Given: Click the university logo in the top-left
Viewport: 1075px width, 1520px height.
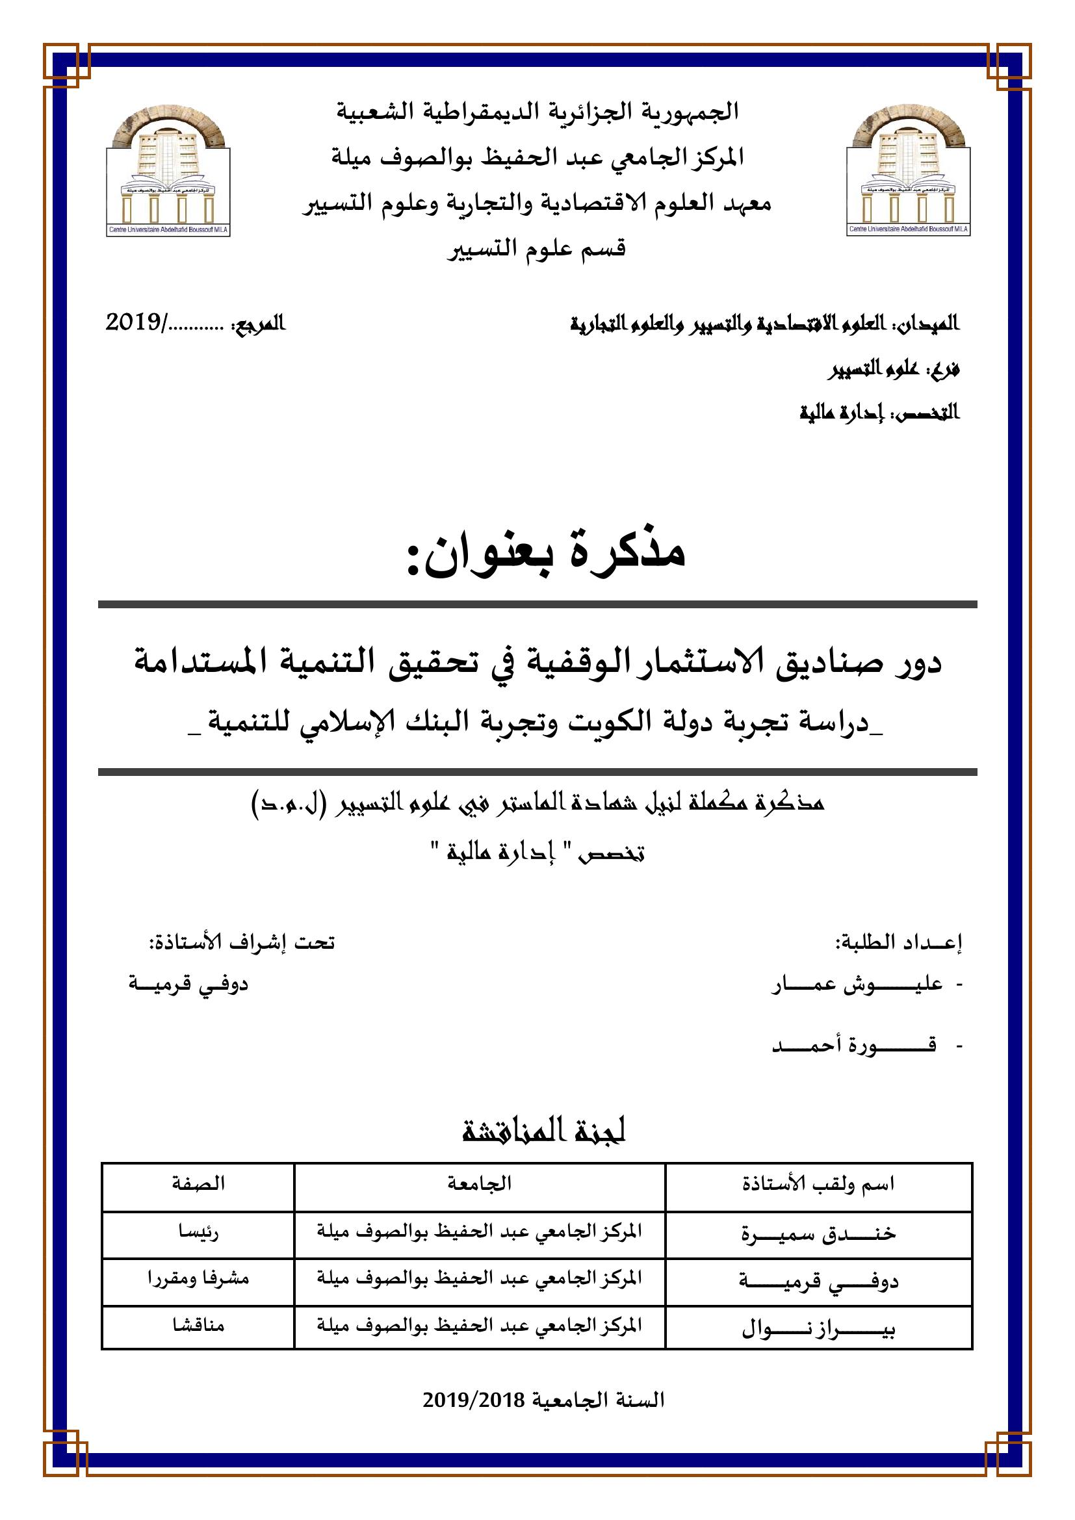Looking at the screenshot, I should coord(168,172).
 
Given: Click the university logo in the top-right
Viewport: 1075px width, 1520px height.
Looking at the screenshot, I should coord(908,172).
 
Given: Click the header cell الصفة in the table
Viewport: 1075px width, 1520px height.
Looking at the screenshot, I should coord(198,1183).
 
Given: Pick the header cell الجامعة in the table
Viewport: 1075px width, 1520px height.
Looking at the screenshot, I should coord(479,1183).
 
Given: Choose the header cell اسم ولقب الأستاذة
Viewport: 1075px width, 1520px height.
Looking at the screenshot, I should coord(818,1183).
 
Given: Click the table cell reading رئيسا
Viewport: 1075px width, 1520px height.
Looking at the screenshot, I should coord(198,1232).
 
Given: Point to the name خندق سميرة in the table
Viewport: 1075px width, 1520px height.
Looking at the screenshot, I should coord(818,1233).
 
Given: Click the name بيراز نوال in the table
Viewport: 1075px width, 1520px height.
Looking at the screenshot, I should coord(818,1328).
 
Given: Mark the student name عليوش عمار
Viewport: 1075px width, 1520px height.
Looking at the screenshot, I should coord(857,986).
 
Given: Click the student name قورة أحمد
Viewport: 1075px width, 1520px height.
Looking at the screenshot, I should coord(854,1046).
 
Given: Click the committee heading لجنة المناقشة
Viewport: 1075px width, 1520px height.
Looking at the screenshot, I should coord(544,1131).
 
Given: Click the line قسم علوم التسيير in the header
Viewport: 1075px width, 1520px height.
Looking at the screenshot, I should coord(537,250).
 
